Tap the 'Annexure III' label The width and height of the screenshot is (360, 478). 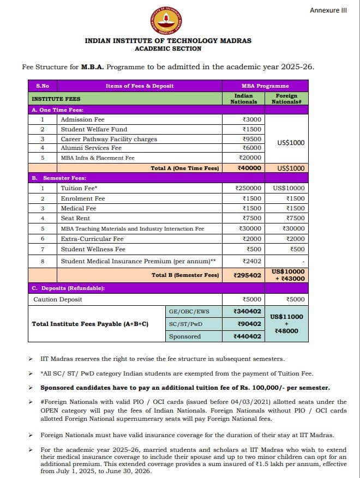click(328, 10)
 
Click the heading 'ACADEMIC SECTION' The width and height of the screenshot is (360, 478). click(168, 49)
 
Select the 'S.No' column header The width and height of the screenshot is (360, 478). click(43, 86)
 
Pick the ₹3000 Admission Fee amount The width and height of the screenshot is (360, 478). click(251, 119)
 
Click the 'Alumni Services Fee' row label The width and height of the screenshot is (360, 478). click(91, 148)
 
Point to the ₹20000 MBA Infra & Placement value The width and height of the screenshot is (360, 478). click(250, 158)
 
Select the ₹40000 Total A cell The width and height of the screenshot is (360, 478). click(249, 168)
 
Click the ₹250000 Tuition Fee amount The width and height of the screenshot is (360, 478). click(249, 188)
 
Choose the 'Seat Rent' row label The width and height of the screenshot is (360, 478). click(75, 218)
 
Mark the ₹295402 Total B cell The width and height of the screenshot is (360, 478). click(247, 275)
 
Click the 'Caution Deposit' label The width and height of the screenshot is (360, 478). click(58, 299)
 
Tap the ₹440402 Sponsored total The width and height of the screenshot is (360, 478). click(247, 337)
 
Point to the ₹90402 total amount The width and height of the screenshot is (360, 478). click(249, 324)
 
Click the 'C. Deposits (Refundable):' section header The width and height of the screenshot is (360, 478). click(68, 288)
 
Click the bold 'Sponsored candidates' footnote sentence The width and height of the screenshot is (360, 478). click(185, 388)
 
